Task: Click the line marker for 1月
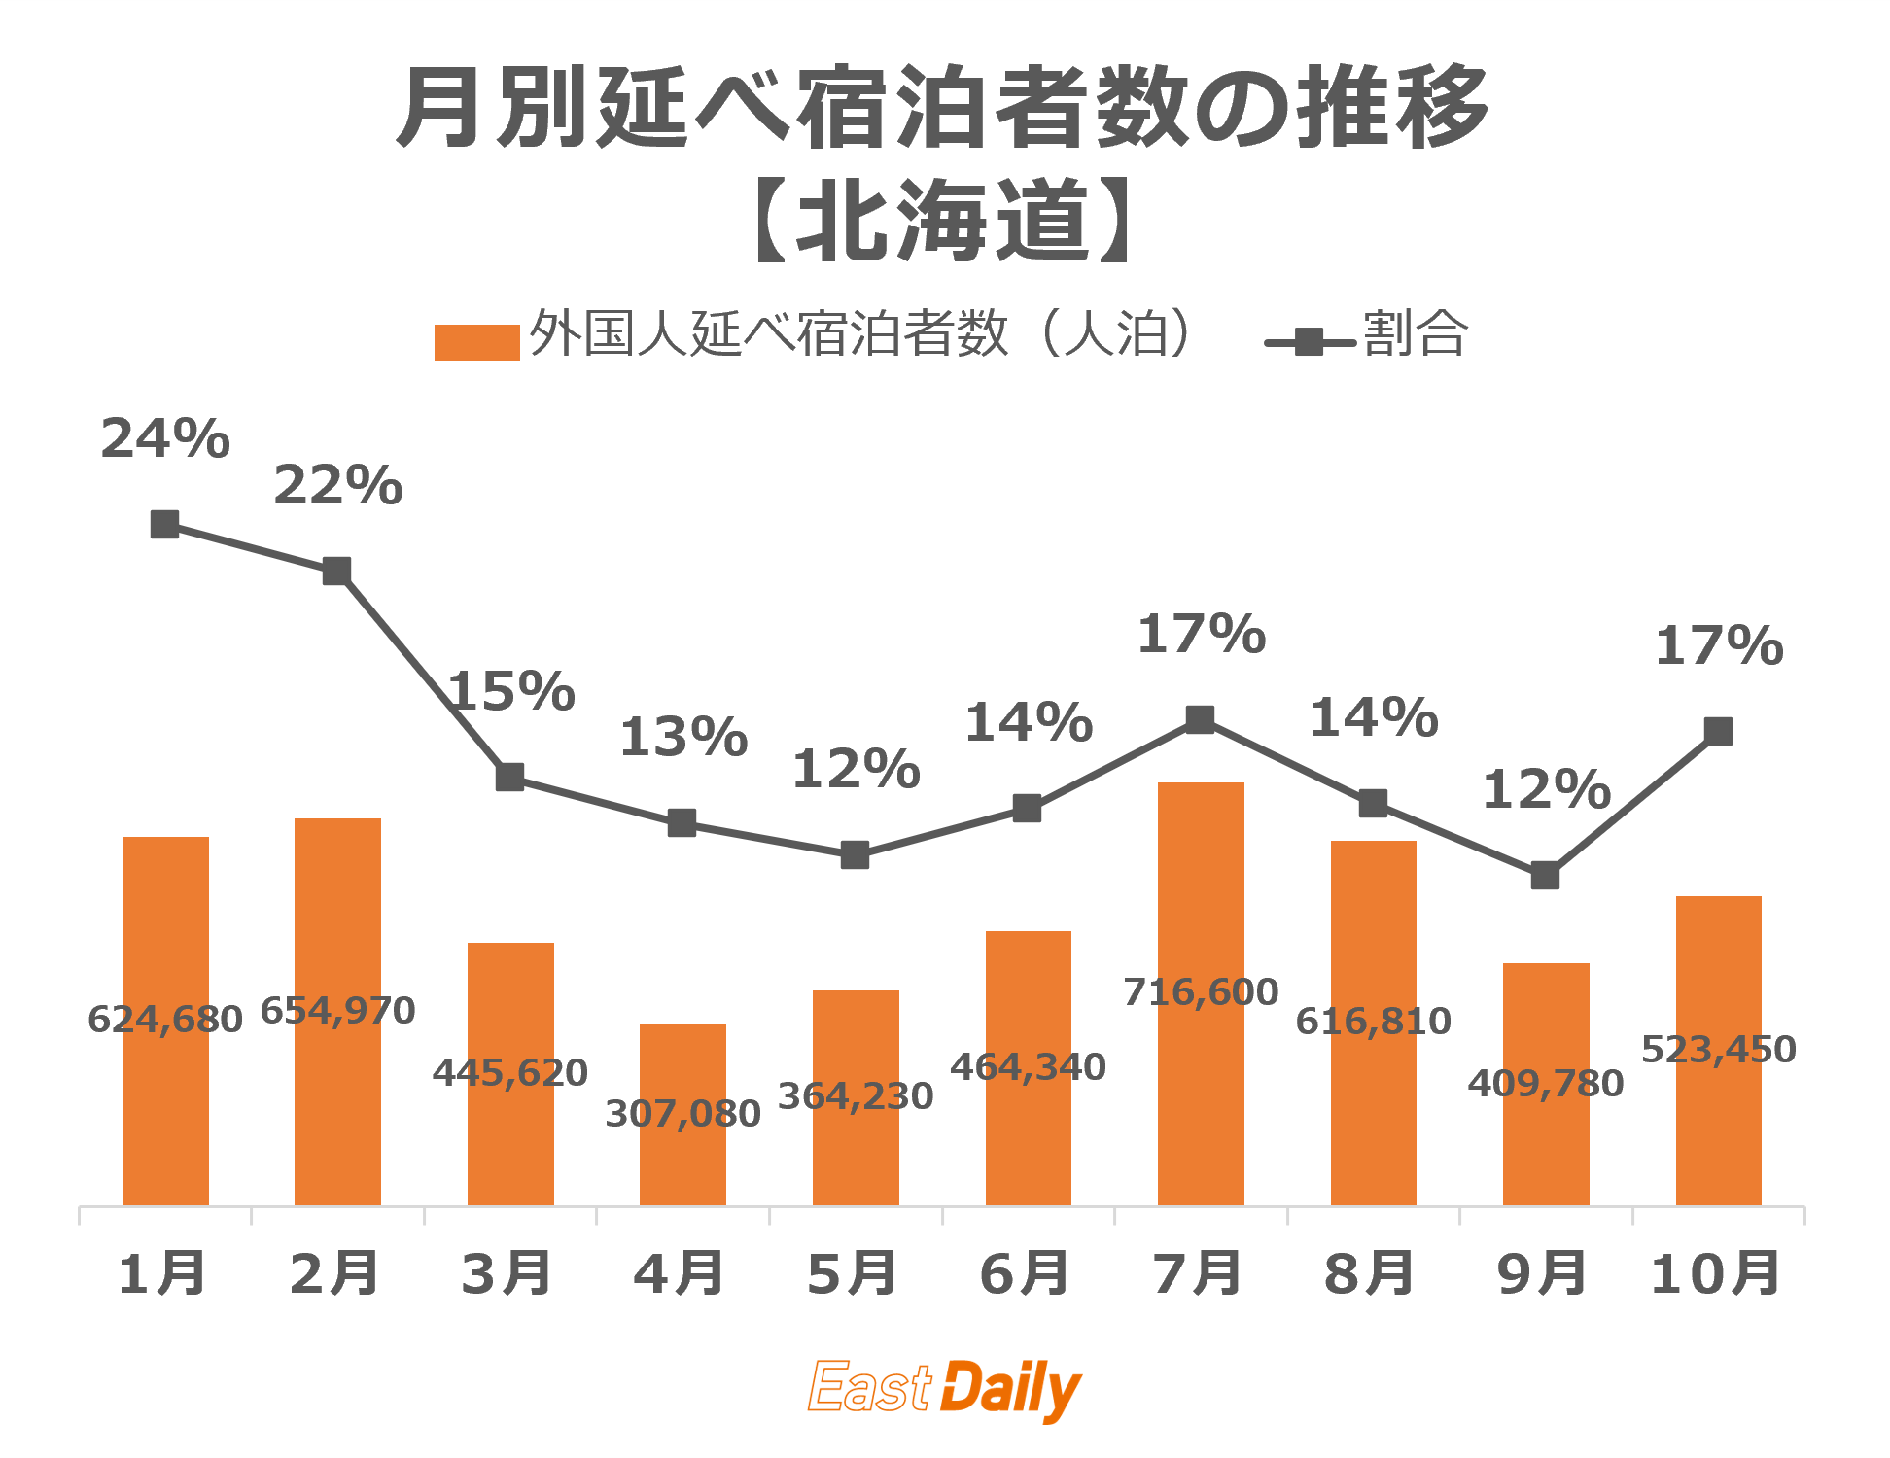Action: pyautogui.click(x=165, y=525)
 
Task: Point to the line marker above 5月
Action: pyautogui.click(x=855, y=855)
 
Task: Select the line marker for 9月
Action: pyautogui.click(x=1545, y=876)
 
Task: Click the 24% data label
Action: pyautogui.click(x=165, y=438)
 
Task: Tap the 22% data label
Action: pyautogui.click(x=337, y=485)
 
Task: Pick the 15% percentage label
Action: pyautogui.click(x=511, y=691)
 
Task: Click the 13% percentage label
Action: pyautogui.click(x=683, y=737)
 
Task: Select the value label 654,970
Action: pyautogui.click(x=337, y=1011)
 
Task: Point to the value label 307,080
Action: pyautogui.click(x=682, y=1114)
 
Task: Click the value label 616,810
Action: pyautogui.click(x=1373, y=1022)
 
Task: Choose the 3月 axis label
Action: pyautogui.click(x=507, y=1274)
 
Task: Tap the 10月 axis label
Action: pyautogui.click(x=1716, y=1274)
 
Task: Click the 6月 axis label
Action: pyautogui.click(x=1026, y=1274)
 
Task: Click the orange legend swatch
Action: pyautogui.click(x=476, y=342)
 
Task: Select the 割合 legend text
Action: pyautogui.click(x=1415, y=334)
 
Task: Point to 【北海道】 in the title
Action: pyautogui.click(x=943, y=222)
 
